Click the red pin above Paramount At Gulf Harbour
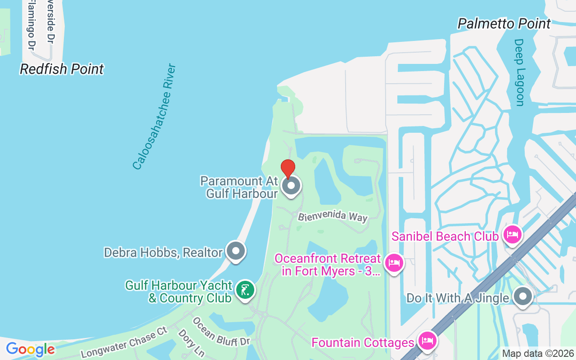pos(288,168)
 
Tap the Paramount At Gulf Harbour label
pos(239,187)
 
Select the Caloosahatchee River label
pos(154,117)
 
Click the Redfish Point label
pos(62,69)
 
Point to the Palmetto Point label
pos(504,23)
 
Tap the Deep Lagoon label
pos(520,72)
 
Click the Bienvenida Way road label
pos(333,216)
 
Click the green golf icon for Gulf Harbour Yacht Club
pos(245,290)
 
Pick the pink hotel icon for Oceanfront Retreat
pos(394,263)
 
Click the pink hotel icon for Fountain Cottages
pos(426,341)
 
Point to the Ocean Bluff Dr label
pos(220,332)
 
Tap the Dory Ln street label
pos(192,343)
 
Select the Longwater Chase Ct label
pos(124,342)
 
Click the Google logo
pos(30,349)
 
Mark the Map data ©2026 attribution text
pos(537,354)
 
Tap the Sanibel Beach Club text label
pos(445,236)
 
